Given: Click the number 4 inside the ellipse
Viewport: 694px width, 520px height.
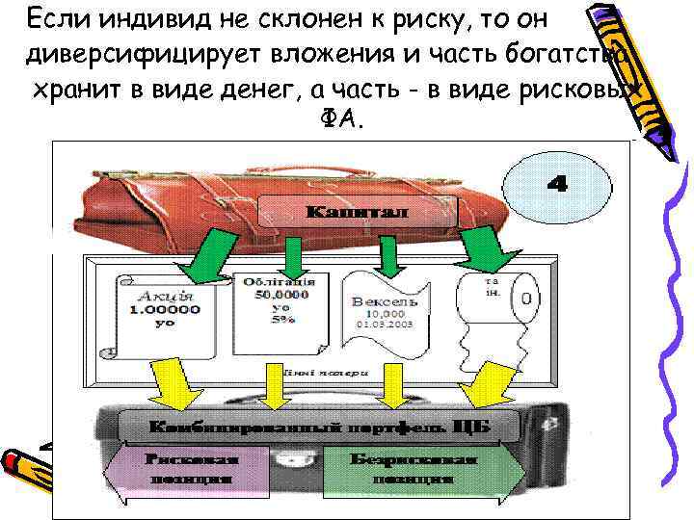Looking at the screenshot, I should pyautogui.click(x=557, y=184).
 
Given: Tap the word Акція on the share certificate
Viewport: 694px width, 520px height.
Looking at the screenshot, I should pyautogui.click(x=156, y=296).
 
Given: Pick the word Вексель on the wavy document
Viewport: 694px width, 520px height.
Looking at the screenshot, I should pyautogui.click(x=386, y=301).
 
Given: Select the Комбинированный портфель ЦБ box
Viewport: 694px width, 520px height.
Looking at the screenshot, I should pyautogui.click(x=317, y=425).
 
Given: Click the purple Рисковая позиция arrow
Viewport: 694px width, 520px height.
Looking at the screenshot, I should pyautogui.click(x=194, y=469).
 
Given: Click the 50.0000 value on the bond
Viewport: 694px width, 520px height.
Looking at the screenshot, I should pyautogui.click(x=282, y=293).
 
